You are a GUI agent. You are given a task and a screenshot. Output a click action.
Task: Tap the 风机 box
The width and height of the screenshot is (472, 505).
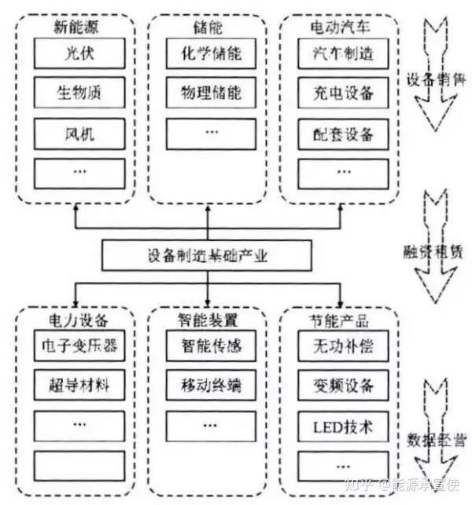tap(75, 132)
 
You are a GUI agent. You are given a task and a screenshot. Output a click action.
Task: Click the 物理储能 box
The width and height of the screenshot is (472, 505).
tap(206, 93)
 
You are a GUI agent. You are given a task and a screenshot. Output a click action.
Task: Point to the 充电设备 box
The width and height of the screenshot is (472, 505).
tap(338, 93)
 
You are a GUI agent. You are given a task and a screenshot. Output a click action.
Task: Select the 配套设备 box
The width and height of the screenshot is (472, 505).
tap(338, 132)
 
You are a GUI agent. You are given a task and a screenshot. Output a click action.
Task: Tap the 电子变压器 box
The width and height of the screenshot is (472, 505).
tap(76, 346)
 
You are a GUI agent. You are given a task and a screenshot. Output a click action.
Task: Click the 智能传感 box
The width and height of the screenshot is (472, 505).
tap(207, 346)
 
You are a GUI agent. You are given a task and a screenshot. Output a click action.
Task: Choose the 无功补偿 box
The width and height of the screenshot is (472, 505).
tap(338, 346)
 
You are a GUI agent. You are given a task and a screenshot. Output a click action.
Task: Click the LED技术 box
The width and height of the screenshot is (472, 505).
tap(338, 429)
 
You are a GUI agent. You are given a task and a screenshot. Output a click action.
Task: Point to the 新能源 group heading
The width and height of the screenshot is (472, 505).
tap(74, 27)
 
